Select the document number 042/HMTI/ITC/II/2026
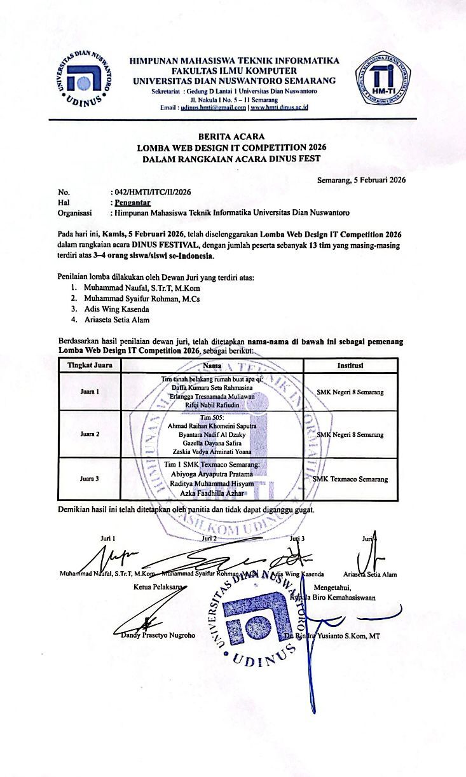[x=151, y=191]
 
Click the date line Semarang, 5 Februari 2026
[x=361, y=180]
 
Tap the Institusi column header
[x=350, y=366]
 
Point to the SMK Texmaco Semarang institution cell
[x=352, y=479]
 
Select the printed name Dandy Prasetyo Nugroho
[x=158, y=635]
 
